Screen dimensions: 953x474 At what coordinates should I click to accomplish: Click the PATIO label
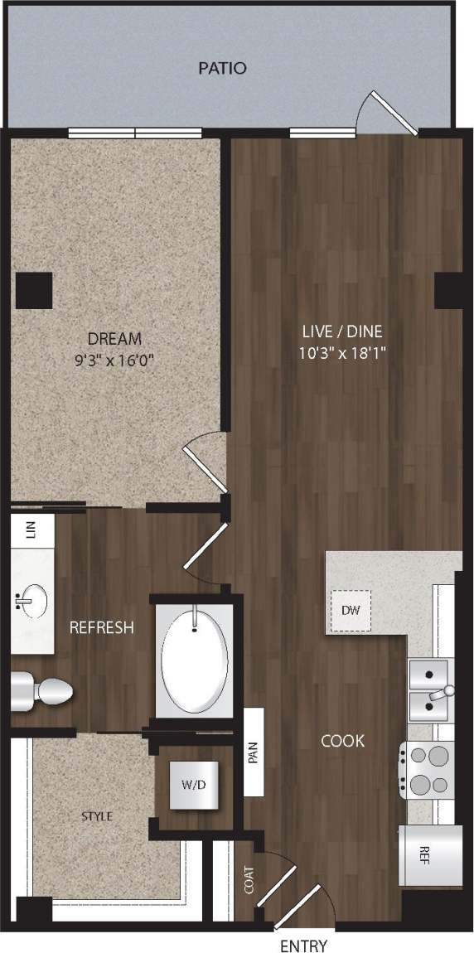tap(222, 68)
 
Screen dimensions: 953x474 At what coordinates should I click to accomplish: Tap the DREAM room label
tap(114, 338)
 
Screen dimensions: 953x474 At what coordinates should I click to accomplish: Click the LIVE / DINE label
tap(342, 331)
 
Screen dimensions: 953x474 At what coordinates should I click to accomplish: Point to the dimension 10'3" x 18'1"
tap(342, 352)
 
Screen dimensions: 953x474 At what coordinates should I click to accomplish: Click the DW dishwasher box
tap(351, 610)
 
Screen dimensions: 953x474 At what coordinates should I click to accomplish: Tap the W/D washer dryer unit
tap(194, 785)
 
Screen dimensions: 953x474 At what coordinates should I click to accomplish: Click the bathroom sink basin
tap(33, 600)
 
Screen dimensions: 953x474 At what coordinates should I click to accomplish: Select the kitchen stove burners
tap(428, 769)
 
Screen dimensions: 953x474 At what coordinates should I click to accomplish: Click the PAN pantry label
tap(254, 753)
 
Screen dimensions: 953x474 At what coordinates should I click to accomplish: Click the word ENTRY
tap(303, 946)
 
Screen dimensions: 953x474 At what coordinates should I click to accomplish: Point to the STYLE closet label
tap(97, 816)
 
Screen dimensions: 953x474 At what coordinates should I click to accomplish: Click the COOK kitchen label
tap(342, 740)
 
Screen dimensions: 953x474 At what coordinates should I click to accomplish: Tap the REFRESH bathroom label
tap(101, 627)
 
